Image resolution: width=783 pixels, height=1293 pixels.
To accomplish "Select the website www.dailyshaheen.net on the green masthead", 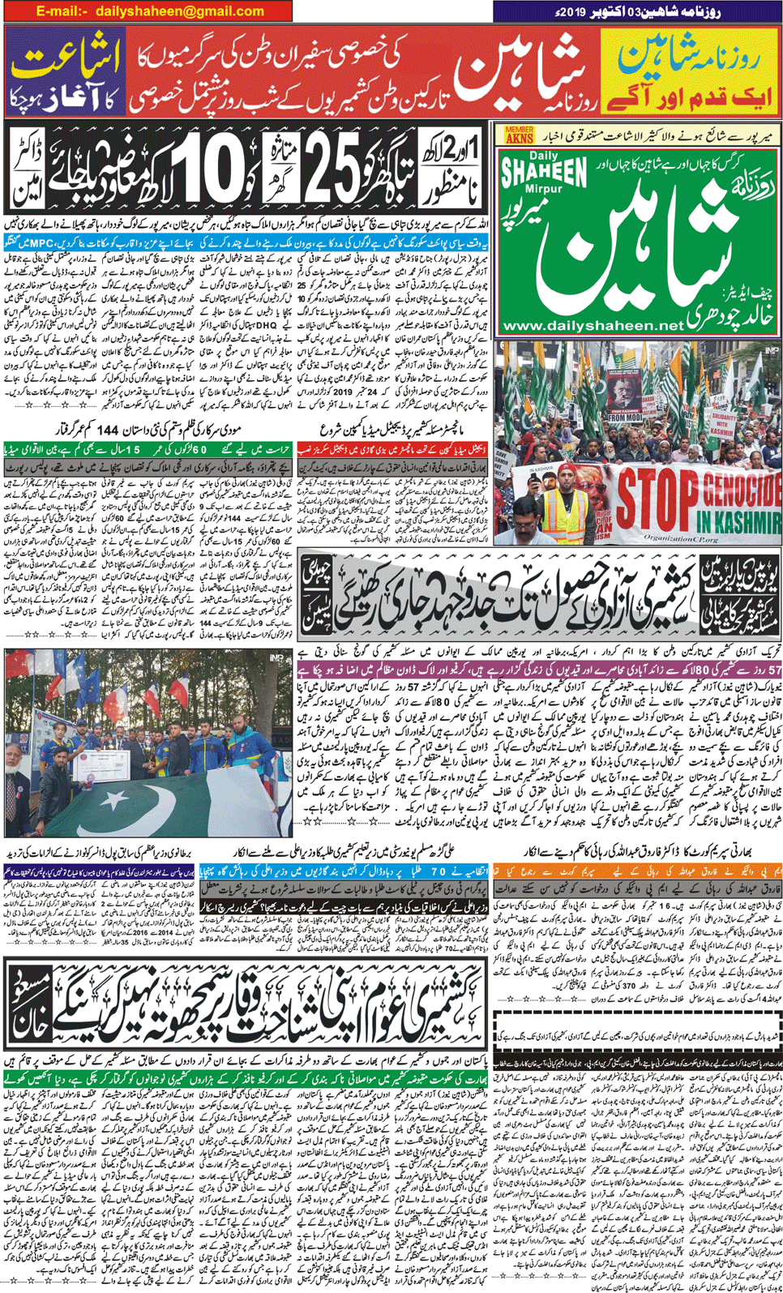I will pos(593,325).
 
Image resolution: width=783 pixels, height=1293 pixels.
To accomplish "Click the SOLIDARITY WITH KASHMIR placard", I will pos(724,423).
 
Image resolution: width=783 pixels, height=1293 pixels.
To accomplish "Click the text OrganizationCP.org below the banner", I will pos(681,537).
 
